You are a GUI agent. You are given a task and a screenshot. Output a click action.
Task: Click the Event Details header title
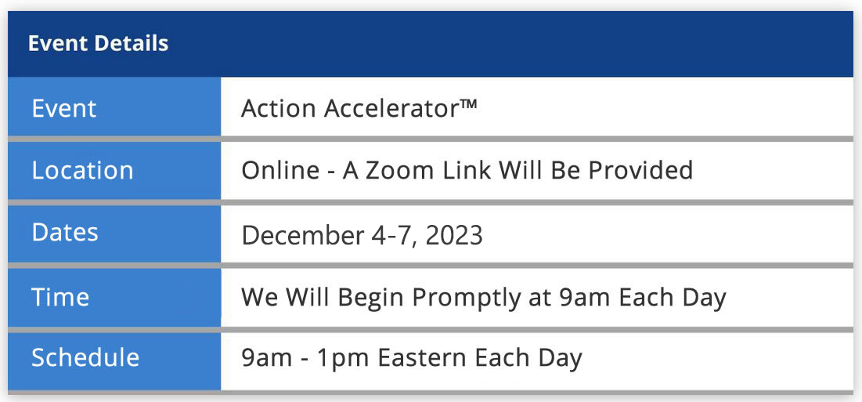click(x=98, y=43)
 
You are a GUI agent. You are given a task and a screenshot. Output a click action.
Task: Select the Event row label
click(x=63, y=108)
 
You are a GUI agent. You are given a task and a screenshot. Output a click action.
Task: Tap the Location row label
click(x=82, y=171)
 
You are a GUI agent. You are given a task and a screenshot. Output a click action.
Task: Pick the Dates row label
click(x=65, y=233)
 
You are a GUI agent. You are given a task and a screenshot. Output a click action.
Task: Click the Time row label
click(x=60, y=297)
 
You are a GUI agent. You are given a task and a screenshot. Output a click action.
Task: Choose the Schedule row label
click(x=85, y=357)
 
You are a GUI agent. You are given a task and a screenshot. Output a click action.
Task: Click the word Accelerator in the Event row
click(x=391, y=108)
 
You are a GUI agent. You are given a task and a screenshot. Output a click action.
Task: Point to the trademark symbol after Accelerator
click(x=467, y=103)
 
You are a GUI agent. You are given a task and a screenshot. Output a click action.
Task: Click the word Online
click(x=280, y=171)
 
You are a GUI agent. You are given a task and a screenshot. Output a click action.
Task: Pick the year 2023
click(x=454, y=235)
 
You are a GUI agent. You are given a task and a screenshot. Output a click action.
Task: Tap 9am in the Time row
click(x=585, y=299)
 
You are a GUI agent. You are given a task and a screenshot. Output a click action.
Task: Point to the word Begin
click(x=370, y=299)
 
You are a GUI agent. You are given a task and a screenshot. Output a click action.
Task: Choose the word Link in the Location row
click(x=477, y=171)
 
